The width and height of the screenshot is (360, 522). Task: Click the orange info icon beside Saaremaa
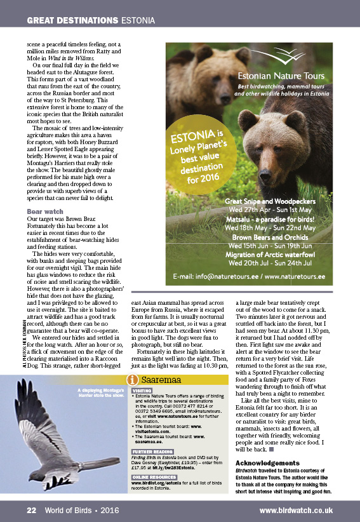(133, 380)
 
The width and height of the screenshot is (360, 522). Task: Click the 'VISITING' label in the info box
(142, 391)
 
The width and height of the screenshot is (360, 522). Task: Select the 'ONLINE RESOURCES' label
(153, 476)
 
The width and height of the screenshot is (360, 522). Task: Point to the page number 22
(31, 510)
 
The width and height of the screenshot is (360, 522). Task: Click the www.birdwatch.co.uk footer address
(296, 510)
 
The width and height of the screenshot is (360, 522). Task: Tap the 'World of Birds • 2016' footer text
(82, 510)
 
